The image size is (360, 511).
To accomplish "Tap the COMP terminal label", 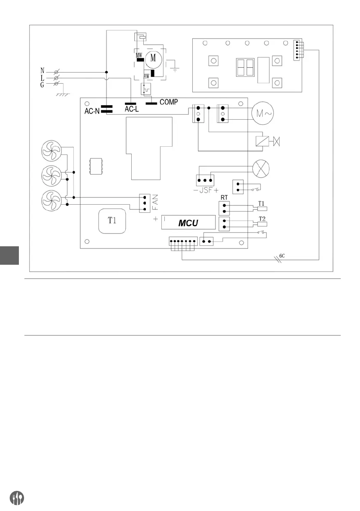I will tap(169, 103).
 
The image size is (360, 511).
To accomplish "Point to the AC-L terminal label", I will tap(132, 109).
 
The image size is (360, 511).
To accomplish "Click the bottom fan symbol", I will tap(52, 200).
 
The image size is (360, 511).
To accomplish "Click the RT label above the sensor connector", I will tap(224, 198).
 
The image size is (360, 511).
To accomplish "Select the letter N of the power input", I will tap(42, 70).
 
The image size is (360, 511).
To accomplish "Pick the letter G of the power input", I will tap(42, 85).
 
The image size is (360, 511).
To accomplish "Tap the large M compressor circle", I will tap(153, 59).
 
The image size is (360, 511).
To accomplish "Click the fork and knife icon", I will tap(17, 498).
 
